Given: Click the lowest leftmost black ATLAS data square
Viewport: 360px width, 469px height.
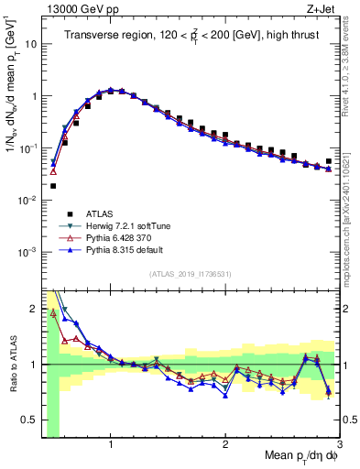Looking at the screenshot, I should (x=53, y=185).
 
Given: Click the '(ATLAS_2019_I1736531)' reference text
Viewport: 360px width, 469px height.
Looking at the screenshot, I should (x=191, y=274).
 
